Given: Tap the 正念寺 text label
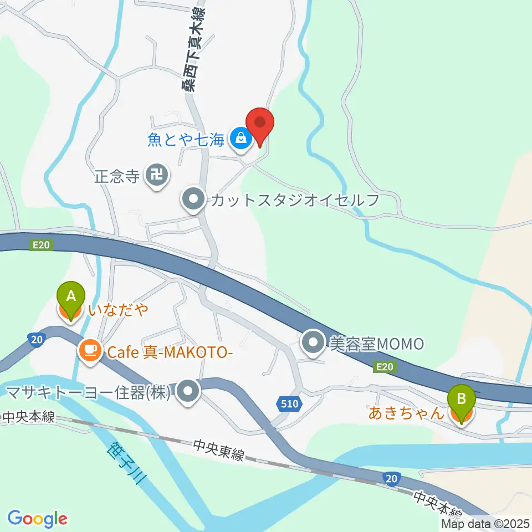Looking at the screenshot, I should (x=116, y=177).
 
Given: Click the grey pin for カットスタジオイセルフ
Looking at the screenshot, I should (x=193, y=200).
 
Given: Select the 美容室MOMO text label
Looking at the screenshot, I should (x=376, y=344).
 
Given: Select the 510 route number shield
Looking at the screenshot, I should (x=289, y=404).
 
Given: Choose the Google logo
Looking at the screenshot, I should (x=37, y=519).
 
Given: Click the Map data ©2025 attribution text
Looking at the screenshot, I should (x=485, y=523).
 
